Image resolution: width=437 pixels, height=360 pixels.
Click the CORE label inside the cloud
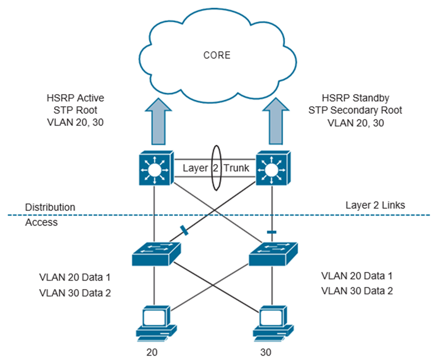tap(217, 55)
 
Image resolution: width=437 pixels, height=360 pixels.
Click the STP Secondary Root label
tap(355, 110)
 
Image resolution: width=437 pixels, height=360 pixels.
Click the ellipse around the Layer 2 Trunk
tap(217, 168)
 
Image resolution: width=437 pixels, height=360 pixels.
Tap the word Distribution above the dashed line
tap(50, 208)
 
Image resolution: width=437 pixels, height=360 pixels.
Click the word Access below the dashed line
tap(41, 222)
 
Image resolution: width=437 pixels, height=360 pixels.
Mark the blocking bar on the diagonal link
tap(183, 231)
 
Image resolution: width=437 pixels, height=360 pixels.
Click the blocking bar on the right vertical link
tap(271, 232)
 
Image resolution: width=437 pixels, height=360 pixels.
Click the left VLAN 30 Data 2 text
tap(75, 293)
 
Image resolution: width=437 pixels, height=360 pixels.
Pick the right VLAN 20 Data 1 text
tap(356, 276)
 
